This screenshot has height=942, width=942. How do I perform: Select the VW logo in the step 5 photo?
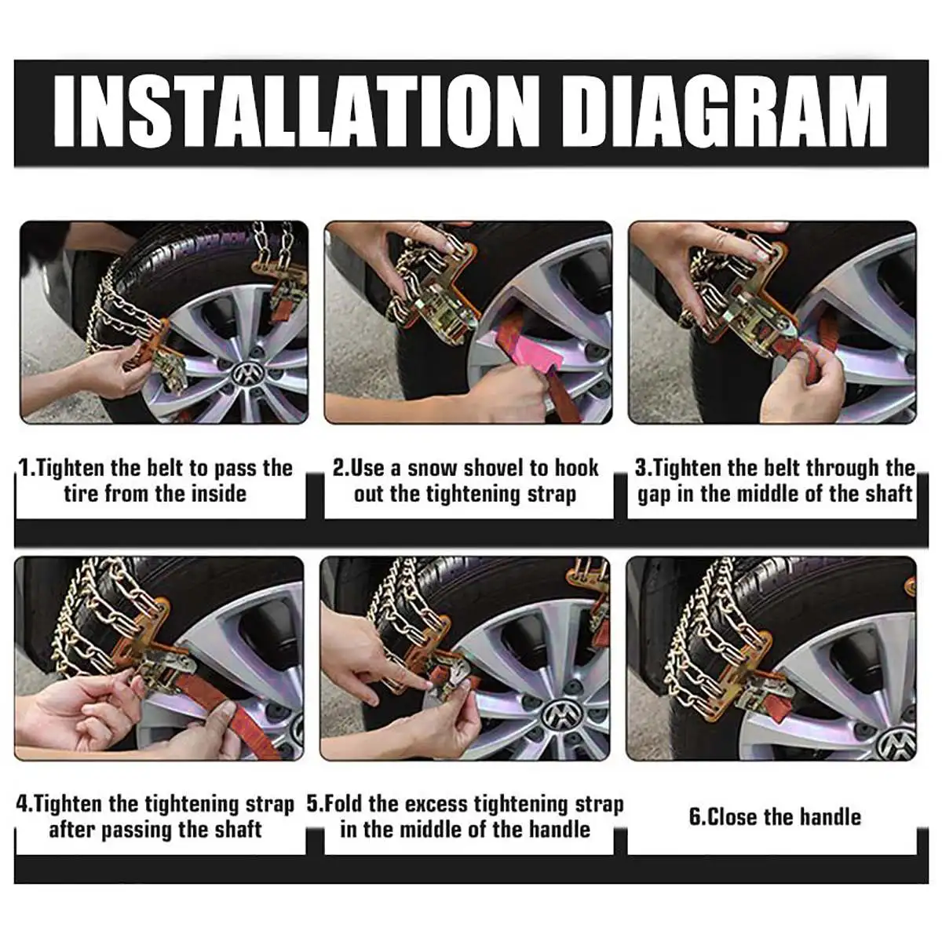point(559,715)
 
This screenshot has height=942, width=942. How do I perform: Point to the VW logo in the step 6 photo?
point(896,742)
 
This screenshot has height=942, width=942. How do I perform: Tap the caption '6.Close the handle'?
point(774,816)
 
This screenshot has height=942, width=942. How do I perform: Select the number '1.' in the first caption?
point(27,469)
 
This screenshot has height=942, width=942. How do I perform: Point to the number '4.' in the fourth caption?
point(25,804)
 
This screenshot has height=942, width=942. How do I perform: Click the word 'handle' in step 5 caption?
point(559,830)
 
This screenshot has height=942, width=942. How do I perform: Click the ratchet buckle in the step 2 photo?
point(444,302)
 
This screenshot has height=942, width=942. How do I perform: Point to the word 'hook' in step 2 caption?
point(577,468)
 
